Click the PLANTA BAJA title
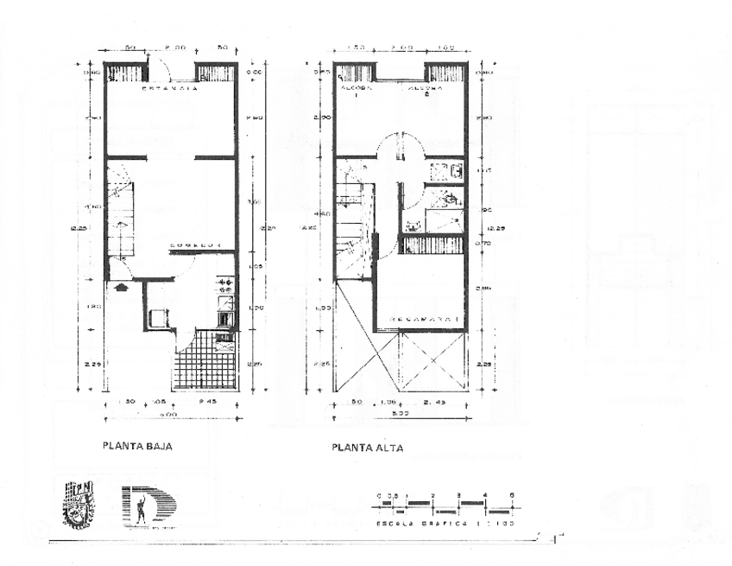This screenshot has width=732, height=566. [138, 447]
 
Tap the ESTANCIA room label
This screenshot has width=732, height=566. [170, 88]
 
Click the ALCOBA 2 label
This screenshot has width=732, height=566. [426, 89]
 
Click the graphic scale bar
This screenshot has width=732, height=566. [445, 502]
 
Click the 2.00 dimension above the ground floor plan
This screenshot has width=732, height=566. [175, 48]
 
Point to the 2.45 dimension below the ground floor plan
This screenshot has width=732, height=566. [208, 404]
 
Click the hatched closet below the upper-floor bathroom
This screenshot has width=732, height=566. [432, 245]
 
